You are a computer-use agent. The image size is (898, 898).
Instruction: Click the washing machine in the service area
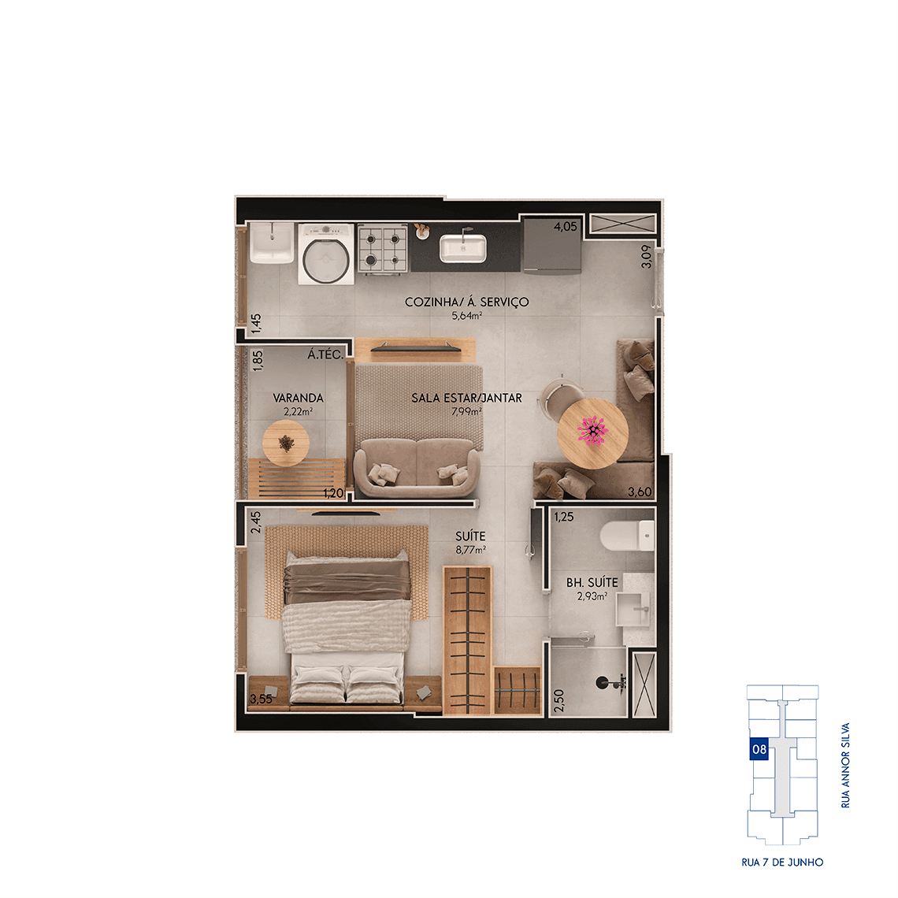326,254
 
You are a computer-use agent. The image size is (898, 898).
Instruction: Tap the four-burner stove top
383,248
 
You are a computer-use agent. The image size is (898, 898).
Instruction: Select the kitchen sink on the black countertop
462,248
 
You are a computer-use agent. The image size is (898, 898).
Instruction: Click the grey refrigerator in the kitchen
552,245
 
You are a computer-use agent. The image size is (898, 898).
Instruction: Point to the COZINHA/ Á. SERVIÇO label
467,302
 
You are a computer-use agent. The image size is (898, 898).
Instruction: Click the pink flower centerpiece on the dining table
593,430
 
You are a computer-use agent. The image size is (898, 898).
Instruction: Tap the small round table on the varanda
286,443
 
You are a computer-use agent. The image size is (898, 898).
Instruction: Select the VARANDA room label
298,398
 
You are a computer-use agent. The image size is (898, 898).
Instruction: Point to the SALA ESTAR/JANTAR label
467,398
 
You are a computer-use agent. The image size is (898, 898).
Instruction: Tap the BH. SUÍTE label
592,582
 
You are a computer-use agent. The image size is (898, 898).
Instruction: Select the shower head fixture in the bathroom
610,682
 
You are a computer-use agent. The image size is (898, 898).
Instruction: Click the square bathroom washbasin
633,610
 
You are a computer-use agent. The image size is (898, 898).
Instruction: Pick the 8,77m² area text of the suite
471,550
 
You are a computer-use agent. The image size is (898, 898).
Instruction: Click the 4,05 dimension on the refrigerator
566,227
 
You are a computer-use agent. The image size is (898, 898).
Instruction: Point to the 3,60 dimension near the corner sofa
639,492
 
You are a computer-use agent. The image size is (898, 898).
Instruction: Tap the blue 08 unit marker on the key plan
759,749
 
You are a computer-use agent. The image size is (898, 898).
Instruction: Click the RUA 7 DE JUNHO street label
782,862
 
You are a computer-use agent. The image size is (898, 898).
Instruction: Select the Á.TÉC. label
325,354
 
